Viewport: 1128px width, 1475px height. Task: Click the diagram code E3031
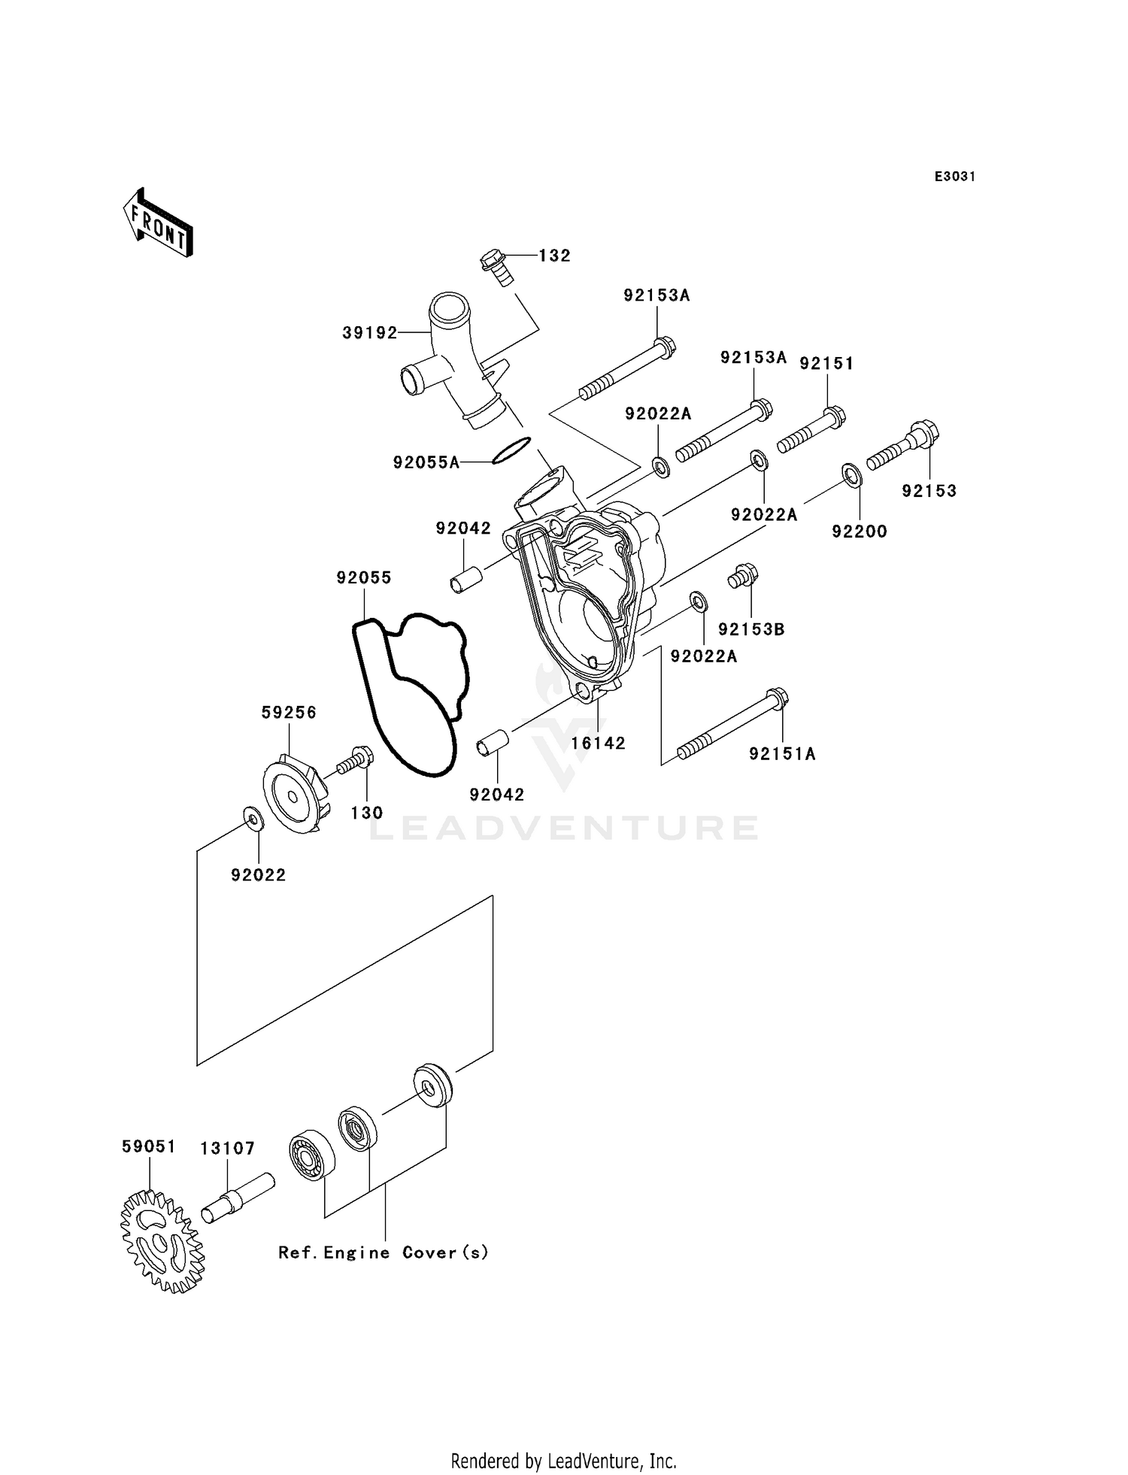point(954,177)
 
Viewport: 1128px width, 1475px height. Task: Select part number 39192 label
point(369,333)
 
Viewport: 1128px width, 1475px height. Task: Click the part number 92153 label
point(929,491)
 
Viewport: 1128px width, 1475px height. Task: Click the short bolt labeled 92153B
point(743,577)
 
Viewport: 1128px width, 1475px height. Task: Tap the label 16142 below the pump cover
point(599,744)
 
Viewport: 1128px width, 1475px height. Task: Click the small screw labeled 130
point(353,759)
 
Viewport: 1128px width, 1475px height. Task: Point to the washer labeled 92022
point(252,818)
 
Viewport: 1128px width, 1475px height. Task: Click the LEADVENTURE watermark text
point(564,828)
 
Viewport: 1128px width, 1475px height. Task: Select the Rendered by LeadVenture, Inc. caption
point(563,1461)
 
